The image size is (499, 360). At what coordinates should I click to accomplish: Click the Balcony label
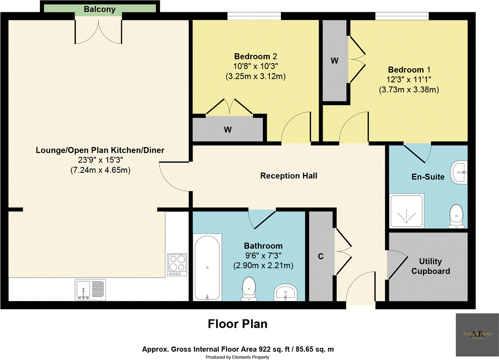tap(99, 9)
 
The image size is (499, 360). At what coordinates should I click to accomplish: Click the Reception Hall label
tap(289, 176)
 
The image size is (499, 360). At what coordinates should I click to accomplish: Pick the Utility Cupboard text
tap(434, 266)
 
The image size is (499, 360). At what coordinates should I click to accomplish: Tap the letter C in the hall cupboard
tap(321, 256)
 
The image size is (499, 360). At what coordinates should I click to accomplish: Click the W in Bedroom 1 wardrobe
tap(334, 61)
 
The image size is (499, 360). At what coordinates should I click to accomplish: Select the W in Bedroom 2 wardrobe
tap(228, 130)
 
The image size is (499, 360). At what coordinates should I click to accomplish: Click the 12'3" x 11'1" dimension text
tap(409, 80)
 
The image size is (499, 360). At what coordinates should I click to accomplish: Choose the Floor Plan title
tap(238, 324)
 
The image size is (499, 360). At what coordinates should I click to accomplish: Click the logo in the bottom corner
tap(476, 335)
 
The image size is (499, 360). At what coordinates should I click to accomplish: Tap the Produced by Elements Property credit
tap(238, 357)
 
